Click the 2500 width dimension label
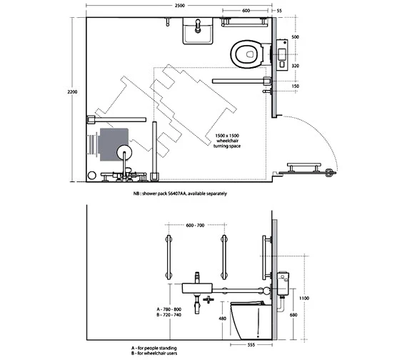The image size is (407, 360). pos(180,6)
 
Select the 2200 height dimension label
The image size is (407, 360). pos(72,91)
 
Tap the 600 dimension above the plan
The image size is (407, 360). pos(246,11)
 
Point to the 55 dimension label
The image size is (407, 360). pos(279,11)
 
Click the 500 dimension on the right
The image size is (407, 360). pos(295,37)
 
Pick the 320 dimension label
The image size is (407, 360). pos(295,66)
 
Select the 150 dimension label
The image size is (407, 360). pos(295,86)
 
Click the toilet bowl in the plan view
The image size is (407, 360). pos(246,54)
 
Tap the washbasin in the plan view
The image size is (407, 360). pos(198,31)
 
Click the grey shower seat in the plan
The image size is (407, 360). pos(114,144)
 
